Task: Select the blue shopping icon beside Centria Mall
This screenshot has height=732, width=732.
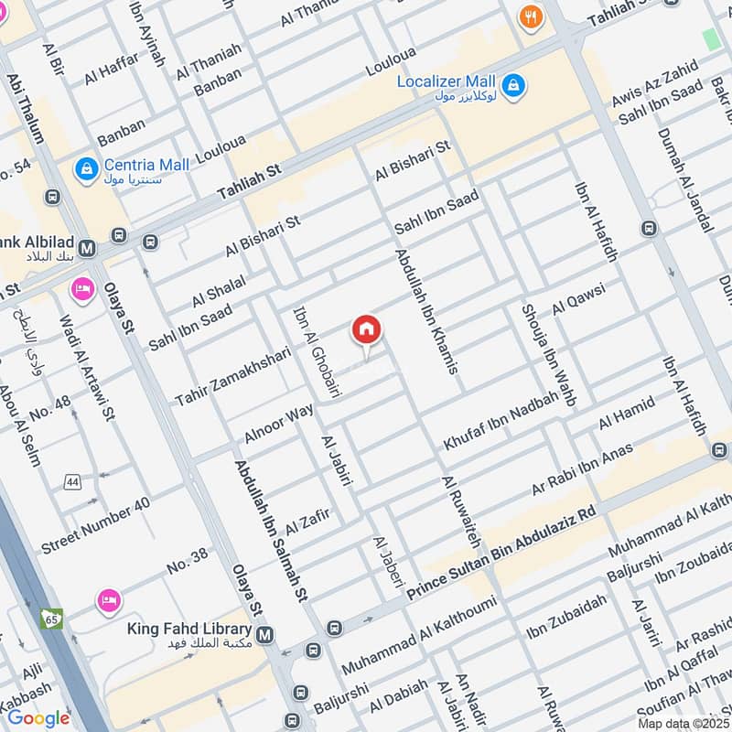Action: [87, 169]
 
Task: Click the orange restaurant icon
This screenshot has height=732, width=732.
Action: [529, 16]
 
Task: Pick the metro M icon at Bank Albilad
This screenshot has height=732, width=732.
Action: [88, 247]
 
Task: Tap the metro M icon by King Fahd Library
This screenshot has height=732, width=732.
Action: [265, 634]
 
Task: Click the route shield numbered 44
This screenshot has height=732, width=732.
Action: [72, 481]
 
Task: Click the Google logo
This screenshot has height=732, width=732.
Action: [38, 717]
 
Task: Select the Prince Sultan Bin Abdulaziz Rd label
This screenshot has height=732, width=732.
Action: [501, 556]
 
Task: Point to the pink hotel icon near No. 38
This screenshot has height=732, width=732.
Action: [108, 600]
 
